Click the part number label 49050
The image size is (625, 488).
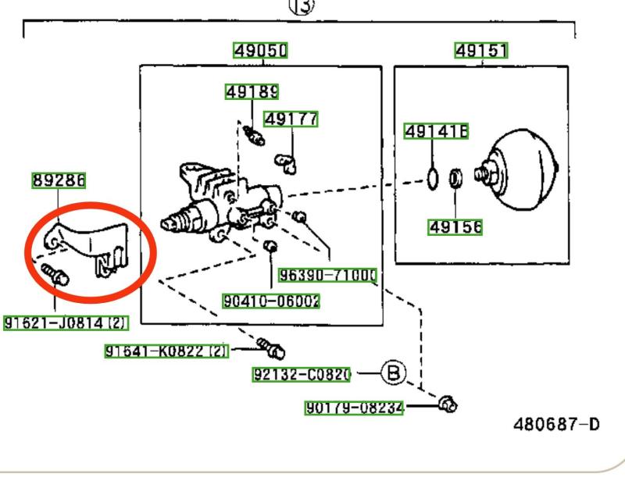[261, 52]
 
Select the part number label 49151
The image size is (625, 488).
[481, 52]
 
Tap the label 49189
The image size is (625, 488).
[252, 92]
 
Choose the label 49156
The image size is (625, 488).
[455, 227]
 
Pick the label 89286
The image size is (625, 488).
[59, 181]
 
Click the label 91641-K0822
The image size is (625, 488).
[166, 351]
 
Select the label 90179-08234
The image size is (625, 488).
[354, 407]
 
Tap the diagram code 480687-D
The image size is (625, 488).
[556, 425]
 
